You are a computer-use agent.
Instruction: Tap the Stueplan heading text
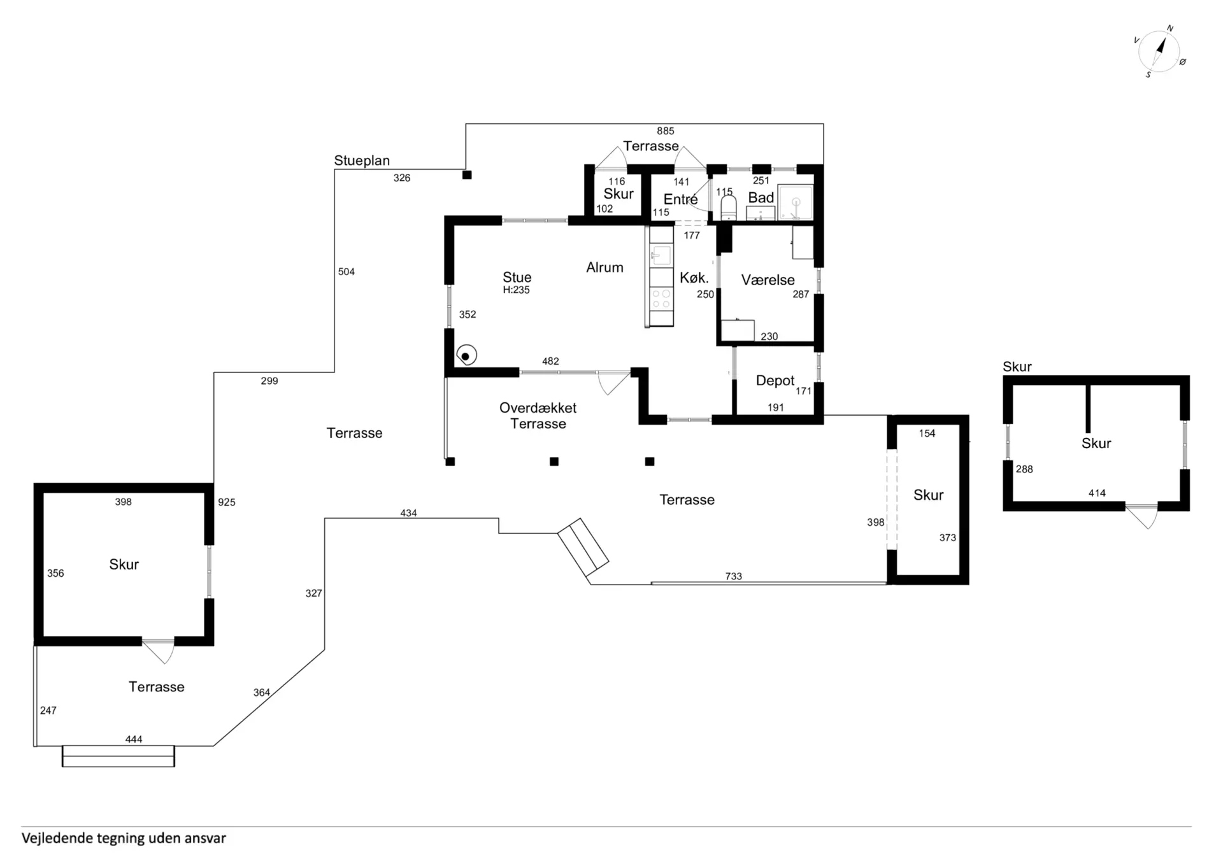(362, 160)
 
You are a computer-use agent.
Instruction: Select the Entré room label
(680, 199)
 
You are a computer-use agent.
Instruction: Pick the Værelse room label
(768, 280)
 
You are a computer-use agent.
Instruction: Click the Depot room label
(775, 381)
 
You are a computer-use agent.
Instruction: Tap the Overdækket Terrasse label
(538, 416)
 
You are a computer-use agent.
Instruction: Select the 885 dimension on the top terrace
(666, 131)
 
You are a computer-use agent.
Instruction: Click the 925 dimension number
(227, 502)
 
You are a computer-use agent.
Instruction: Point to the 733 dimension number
(734, 576)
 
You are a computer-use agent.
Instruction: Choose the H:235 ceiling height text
(516, 290)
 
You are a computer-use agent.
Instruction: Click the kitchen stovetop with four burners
(662, 299)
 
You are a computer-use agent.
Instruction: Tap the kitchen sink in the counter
(661, 255)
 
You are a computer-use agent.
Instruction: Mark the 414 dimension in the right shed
(1097, 493)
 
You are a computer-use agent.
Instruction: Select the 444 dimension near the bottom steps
(134, 739)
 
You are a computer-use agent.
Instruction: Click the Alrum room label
(604, 267)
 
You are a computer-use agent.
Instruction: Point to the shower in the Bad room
(796, 202)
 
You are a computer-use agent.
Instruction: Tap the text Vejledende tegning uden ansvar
(124, 839)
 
